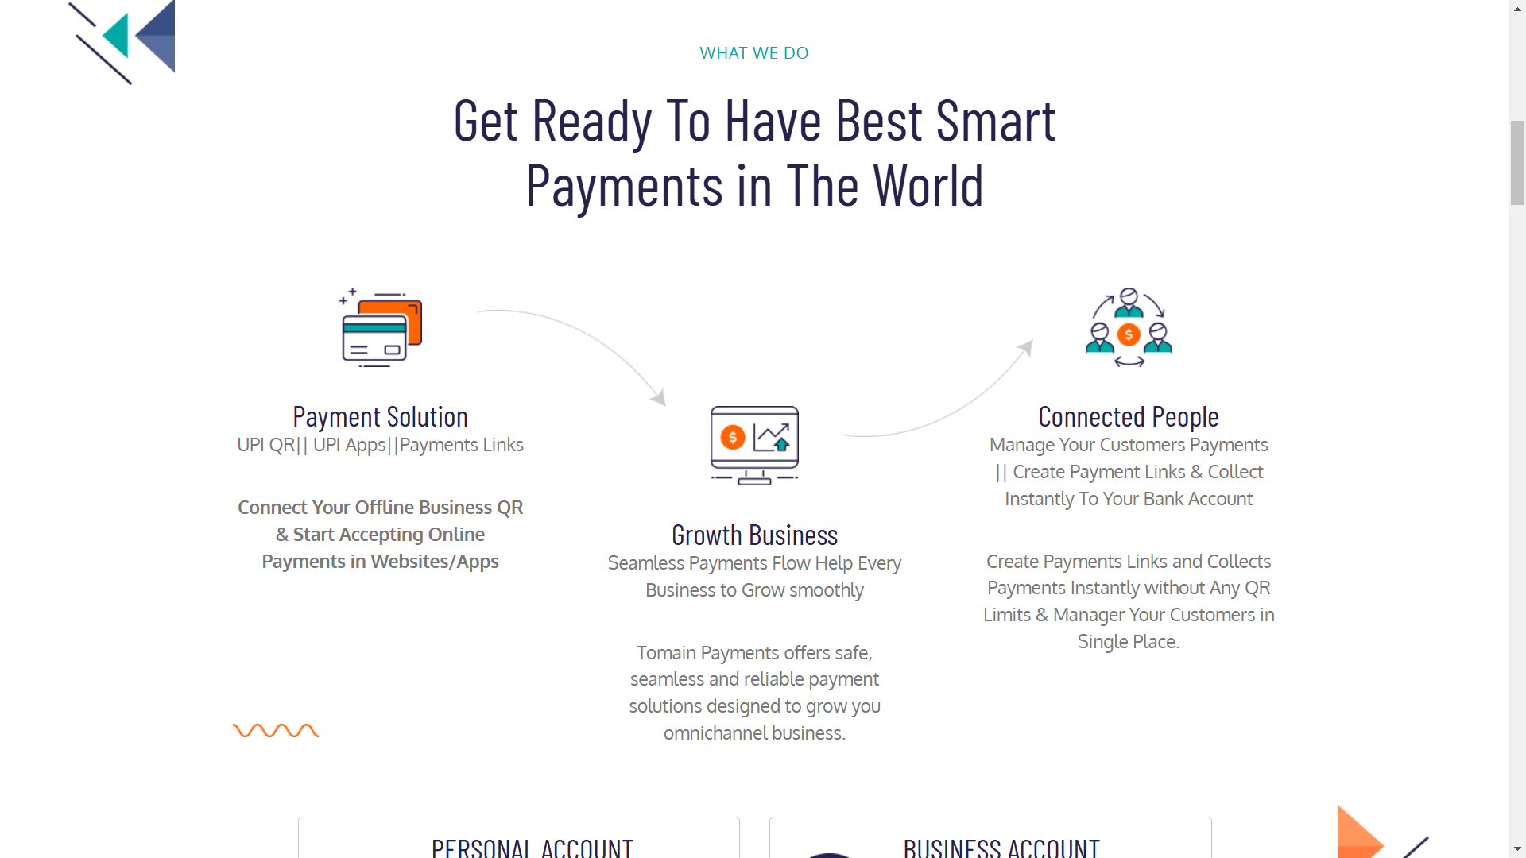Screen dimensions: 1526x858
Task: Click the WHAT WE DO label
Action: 753,53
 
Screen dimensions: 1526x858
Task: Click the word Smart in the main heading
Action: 995,122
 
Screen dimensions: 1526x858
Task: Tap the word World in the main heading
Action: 928,187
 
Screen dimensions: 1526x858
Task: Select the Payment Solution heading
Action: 380,417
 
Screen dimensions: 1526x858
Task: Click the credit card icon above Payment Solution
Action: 381,327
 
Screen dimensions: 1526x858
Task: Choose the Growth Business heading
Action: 754,535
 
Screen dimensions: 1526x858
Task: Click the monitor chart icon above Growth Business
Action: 754,445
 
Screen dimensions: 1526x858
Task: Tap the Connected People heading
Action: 1129,417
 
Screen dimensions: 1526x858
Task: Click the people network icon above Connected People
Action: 1129,327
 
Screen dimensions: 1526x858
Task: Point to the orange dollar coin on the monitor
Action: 732,437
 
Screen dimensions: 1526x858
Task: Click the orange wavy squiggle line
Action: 276,731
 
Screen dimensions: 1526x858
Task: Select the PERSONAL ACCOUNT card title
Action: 533,848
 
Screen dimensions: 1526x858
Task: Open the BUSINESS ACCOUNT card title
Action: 1001,848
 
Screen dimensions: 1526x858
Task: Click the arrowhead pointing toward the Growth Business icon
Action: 659,396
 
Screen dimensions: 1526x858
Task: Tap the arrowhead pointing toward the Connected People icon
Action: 1026,348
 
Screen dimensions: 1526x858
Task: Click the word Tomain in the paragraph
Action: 666,653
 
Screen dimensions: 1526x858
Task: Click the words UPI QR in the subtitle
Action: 265,445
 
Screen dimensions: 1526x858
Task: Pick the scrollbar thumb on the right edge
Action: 1517,163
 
